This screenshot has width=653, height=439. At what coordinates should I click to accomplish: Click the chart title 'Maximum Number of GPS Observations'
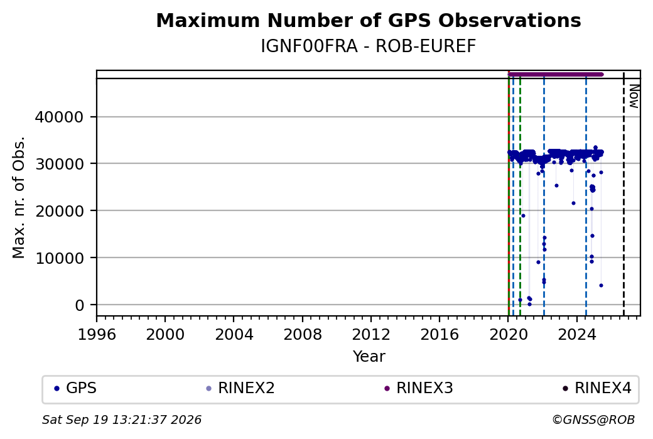coord(369,20)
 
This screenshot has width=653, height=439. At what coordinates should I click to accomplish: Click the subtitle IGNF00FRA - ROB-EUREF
coord(369,46)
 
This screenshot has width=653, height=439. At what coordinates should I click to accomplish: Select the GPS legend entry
coord(75,388)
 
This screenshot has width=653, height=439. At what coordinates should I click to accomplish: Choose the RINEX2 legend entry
coord(240,388)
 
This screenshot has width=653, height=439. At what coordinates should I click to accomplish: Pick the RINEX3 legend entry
coord(419,388)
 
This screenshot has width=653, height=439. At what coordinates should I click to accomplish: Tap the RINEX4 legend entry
coord(597,388)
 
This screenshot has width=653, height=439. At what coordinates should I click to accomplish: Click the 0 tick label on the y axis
coord(80,305)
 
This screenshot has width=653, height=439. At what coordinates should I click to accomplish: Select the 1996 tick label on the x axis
coord(97,335)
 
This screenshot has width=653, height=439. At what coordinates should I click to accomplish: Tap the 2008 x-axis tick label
coord(303,335)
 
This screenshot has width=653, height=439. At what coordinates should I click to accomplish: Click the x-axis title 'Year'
coord(369,357)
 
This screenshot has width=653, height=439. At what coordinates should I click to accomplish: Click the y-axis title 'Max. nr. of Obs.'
coord(19,197)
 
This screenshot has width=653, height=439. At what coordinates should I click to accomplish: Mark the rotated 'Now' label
coord(634,96)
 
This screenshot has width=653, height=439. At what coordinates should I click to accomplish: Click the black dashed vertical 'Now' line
coord(623,193)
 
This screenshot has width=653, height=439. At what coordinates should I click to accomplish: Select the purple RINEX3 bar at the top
coord(556,75)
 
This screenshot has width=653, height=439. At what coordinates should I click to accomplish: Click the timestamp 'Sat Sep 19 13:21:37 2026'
coord(122,420)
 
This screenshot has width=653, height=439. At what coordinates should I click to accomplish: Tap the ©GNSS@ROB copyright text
coord(593,420)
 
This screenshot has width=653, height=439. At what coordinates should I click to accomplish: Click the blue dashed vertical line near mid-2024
coord(586,193)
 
